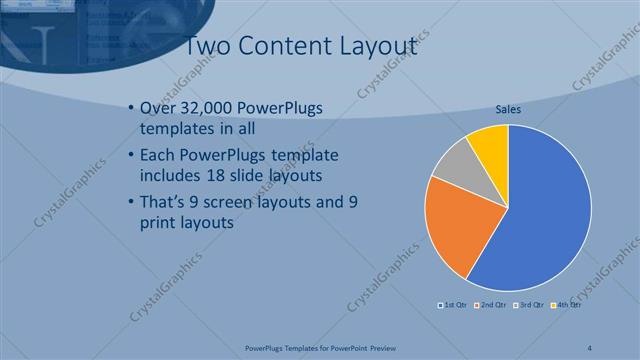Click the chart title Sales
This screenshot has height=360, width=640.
508,109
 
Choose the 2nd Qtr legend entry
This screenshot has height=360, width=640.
490,304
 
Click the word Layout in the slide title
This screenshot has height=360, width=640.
374,45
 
